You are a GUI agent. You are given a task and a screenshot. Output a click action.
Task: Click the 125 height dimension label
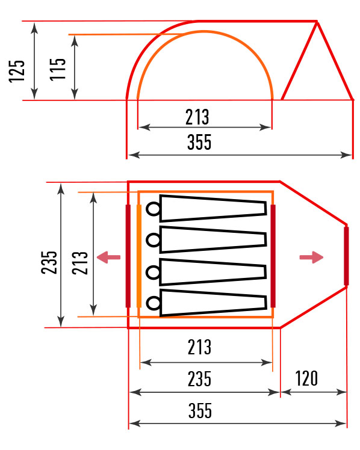pyautogui.click(x=17, y=71)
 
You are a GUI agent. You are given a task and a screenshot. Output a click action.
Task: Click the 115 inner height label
pyautogui.click(x=58, y=69)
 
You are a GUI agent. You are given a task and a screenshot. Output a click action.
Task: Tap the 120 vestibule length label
pyautogui.click(x=306, y=378)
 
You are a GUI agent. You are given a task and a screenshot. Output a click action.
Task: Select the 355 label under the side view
pyautogui.click(x=199, y=142)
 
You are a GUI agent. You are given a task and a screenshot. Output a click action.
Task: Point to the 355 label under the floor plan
pyautogui.click(x=200, y=410)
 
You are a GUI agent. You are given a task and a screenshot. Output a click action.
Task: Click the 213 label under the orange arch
pyautogui.click(x=197, y=117)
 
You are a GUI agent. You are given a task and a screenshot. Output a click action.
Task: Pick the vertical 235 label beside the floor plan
pyautogui.click(x=49, y=262)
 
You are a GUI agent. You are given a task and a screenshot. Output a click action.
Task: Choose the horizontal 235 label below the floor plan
pyautogui.click(x=199, y=378)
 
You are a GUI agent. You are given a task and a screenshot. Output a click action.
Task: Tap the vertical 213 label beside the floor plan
pyautogui.click(x=80, y=263)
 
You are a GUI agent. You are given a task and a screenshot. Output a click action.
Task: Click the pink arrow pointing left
pyautogui.click(x=108, y=257)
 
